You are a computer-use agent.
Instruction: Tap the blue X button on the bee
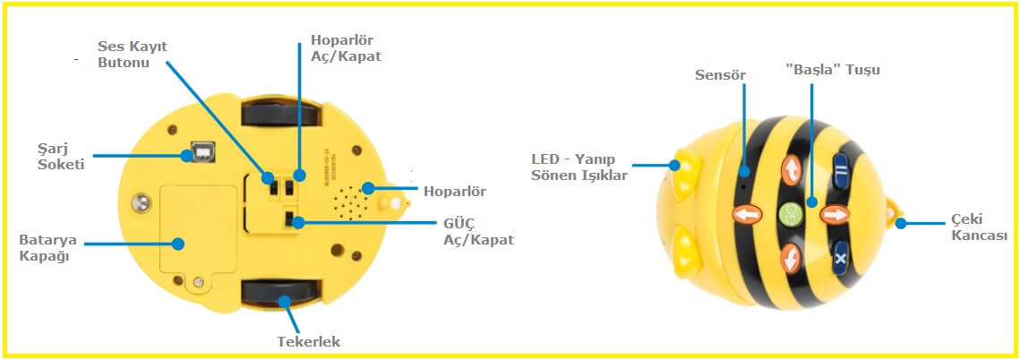(x=840, y=257)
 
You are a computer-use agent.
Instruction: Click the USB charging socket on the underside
(x=200, y=154)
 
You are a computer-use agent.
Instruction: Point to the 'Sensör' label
(x=719, y=73)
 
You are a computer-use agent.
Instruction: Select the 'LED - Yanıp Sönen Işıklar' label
(x=578, y=167)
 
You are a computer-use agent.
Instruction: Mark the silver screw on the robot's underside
(x=141, y=202)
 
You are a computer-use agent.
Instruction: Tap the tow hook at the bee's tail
(x=896, y=215)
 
